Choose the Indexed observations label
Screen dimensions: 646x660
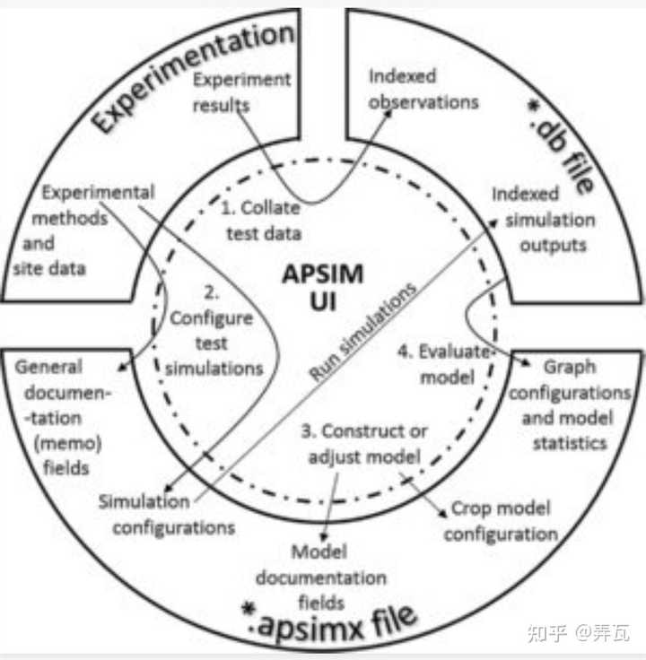tap(423, 89)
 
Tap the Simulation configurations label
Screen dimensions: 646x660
tap(167, 513)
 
